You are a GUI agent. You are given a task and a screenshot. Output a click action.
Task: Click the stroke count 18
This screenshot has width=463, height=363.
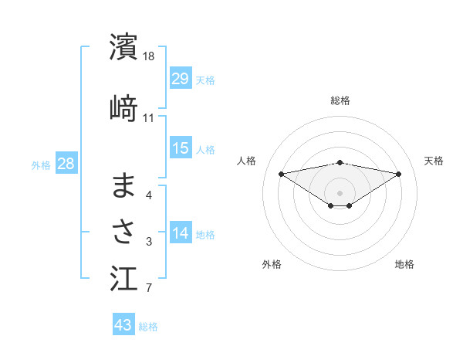[149, 56]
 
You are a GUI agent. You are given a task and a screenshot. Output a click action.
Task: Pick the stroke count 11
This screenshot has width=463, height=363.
[149, 118]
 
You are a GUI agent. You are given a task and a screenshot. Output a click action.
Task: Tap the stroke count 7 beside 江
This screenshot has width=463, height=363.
[149, 289]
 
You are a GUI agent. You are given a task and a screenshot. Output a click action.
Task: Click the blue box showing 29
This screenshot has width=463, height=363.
[181, 79]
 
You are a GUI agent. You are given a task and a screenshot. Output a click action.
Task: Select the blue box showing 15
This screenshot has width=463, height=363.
[181, 148]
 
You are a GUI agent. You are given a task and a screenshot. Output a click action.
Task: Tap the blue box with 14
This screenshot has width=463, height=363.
[181, 234]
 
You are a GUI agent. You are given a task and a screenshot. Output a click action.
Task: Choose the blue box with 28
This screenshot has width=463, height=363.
[66, 164]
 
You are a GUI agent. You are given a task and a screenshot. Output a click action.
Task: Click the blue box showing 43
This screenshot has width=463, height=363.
[123, 325]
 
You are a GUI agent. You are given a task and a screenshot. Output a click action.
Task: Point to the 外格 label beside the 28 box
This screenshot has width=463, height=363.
[41, 165]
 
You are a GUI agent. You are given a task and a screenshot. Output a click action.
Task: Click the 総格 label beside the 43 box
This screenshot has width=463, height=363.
[148, 326]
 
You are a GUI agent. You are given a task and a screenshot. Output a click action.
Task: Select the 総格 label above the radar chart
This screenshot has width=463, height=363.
[340, 100]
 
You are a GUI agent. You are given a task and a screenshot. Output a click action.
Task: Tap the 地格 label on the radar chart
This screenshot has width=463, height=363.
[404, 264]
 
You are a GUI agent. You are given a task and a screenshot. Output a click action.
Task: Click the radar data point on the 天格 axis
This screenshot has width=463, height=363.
[399, 173]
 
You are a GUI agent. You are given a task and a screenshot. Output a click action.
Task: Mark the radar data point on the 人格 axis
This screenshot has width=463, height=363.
[281, 173]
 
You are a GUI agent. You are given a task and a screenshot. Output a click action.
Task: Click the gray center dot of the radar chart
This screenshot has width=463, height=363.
[340, 192]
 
